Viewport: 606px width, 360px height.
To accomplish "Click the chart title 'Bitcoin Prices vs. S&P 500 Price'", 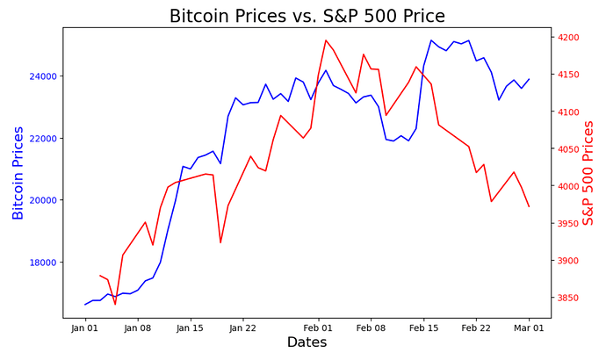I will tap(307, 16).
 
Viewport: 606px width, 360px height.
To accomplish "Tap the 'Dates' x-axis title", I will tap(307, 342).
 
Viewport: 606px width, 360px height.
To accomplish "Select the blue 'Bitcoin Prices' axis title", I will tap(18, 172).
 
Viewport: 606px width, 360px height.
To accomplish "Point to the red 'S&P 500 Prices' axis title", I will tap(588, 172).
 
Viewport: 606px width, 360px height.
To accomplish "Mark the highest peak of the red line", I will tap(326, 40).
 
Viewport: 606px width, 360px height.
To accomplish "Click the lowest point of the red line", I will tap(115, 304).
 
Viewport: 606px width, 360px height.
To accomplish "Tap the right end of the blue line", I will tap(529, 79).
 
